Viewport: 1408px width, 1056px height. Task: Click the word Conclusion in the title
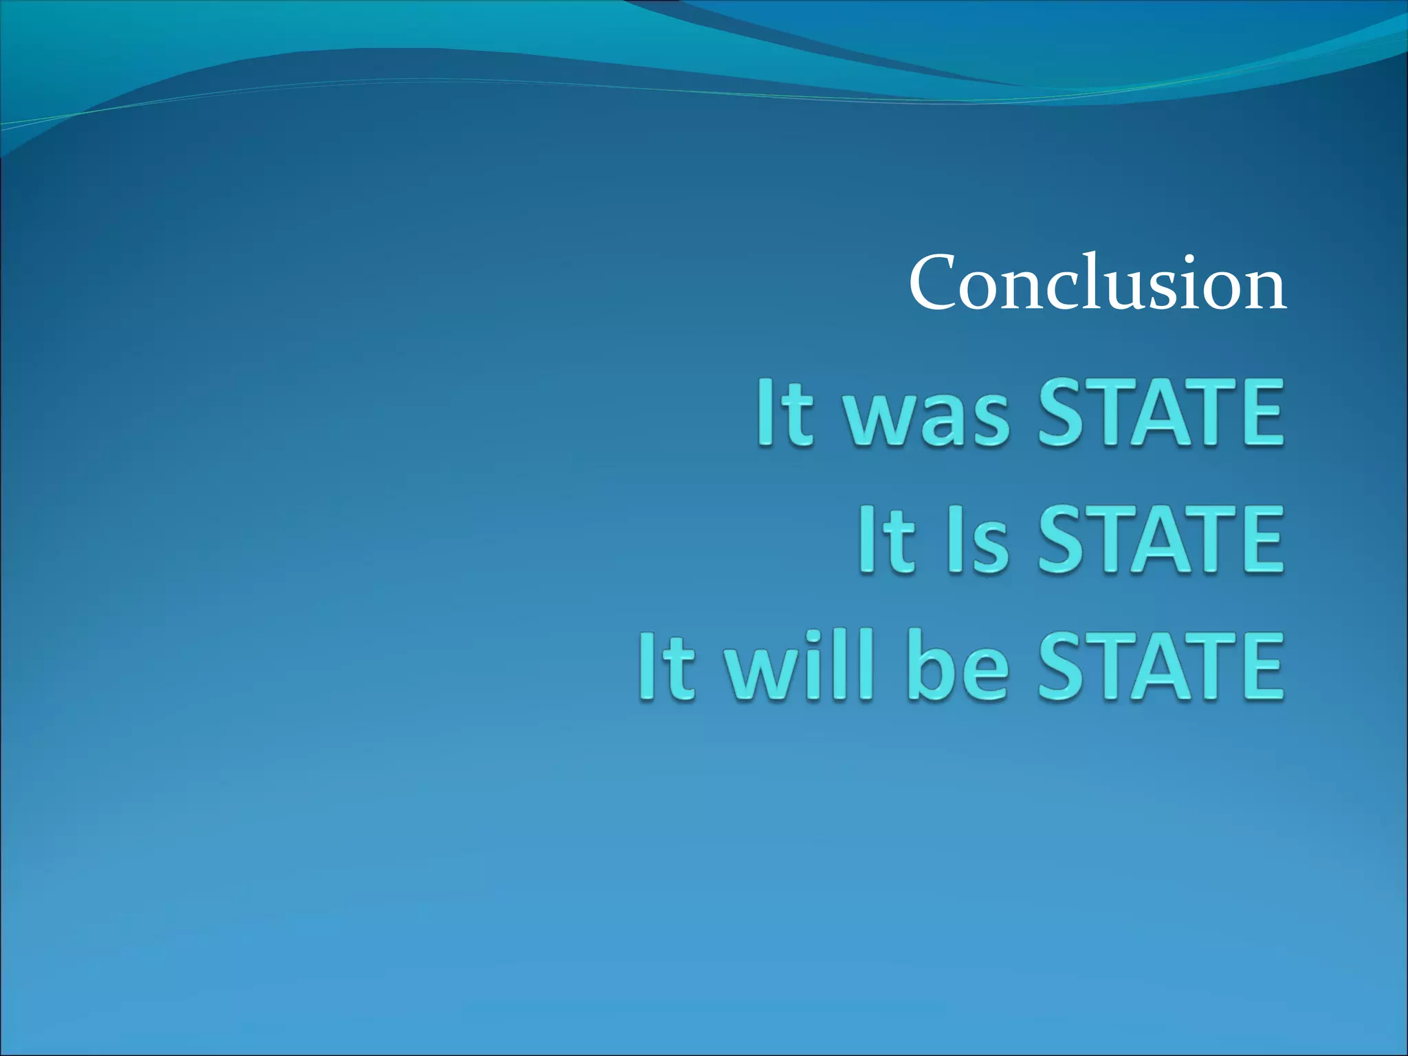tap(1097, 283)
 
